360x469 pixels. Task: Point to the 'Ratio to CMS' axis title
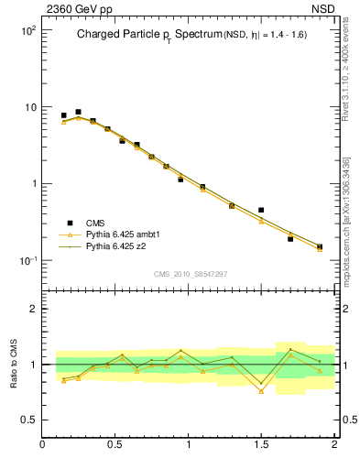pos(14,364)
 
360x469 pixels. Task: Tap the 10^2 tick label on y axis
pos(26,30)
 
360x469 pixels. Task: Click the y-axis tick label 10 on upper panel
pos(28,107)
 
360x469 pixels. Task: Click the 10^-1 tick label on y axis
pos(26,261)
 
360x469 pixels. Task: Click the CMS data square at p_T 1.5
pos(261,210)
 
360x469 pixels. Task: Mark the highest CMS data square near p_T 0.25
pos(78,112)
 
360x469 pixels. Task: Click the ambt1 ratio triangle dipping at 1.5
pos(261,391)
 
